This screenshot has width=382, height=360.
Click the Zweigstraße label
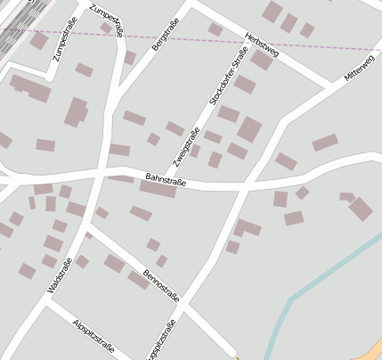(x=185, y=145)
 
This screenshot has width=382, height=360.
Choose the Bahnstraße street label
(x=165, y=181)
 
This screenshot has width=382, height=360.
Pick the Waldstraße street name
(x=58, y=275)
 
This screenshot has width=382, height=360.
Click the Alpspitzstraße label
(x=93, y=337)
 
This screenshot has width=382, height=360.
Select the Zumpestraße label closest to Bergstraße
(x=107, y=19)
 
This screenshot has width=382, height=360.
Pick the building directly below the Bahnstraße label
(x=157, y=190)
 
